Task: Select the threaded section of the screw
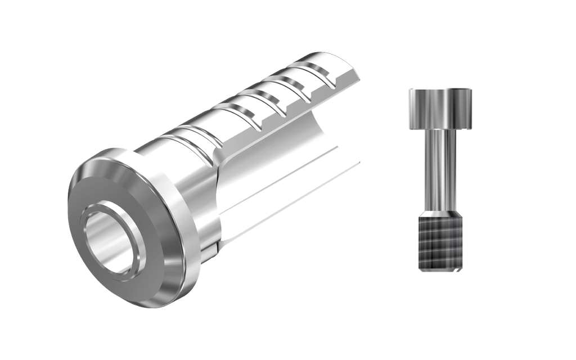[440, 245]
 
